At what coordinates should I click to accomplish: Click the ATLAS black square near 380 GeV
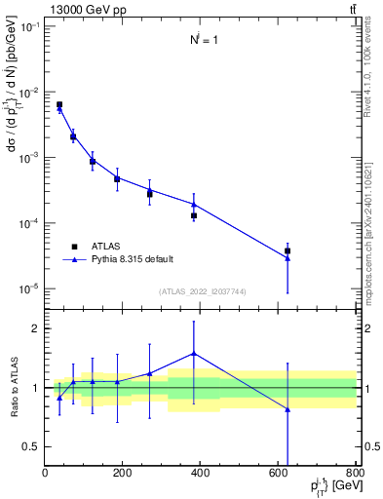[x=194, y=215]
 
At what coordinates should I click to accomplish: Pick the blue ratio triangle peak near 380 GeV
[x=194, y=354]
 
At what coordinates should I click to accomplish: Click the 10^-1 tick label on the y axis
[x=28, y=27]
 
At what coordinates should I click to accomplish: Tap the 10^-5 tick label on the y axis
[x=28, y=288]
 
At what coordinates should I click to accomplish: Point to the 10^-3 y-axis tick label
[x=28, y=158]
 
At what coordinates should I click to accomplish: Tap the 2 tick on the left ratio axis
[x=37, y=328]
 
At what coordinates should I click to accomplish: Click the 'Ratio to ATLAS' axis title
[x=12, y=387]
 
